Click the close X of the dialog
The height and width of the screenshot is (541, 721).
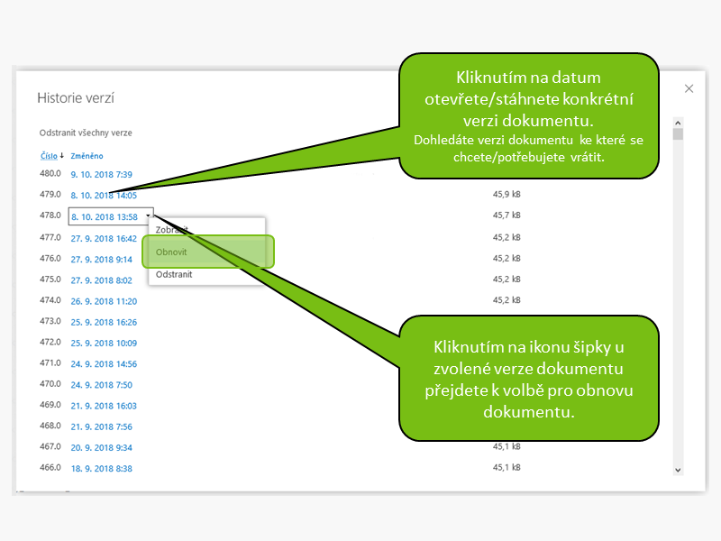(689, 88)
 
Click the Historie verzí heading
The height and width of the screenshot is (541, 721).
(75, 97)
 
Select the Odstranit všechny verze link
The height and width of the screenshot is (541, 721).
(86, 133)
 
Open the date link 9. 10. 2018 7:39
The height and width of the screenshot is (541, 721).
(101, 174)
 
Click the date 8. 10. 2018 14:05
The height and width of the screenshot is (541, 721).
(104, 195)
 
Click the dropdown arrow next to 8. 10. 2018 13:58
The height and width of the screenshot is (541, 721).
(147, 216)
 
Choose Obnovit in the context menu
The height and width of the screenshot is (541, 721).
(171, 252)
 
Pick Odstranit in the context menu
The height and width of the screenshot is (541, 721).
(174, 273)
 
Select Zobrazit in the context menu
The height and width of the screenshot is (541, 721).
(172, 230)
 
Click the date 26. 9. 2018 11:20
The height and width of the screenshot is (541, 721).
(104, 301)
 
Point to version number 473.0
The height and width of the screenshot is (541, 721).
(50, 321)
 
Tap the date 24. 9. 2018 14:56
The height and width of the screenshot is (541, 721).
(104, 364)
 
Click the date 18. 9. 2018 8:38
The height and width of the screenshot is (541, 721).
(101, 469)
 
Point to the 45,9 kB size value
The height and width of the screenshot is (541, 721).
(507, 195)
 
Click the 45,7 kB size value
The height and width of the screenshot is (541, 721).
(507, 216)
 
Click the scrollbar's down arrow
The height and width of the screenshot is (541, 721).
(679, 469)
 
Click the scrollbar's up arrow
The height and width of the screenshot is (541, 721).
(679, 123)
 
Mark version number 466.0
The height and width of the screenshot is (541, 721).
(50, 468)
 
